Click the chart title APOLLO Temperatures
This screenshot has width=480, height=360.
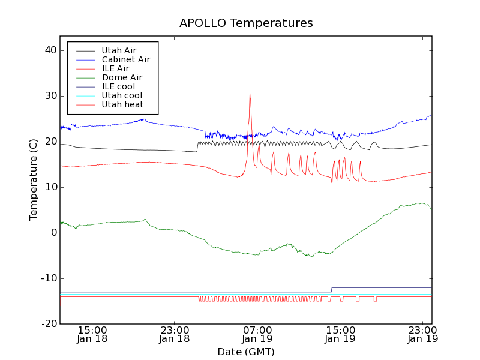246,23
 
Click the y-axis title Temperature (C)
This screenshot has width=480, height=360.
34,179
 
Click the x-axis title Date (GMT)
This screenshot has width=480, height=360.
245,352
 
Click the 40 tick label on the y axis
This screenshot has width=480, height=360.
50,50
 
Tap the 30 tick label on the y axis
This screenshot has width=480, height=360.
50,96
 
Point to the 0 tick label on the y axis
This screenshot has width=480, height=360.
53,233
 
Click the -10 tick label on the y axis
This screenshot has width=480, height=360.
48,278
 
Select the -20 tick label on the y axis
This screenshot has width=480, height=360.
48,324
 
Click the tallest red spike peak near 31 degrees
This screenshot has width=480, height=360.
250,92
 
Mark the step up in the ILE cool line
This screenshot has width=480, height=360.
331,290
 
